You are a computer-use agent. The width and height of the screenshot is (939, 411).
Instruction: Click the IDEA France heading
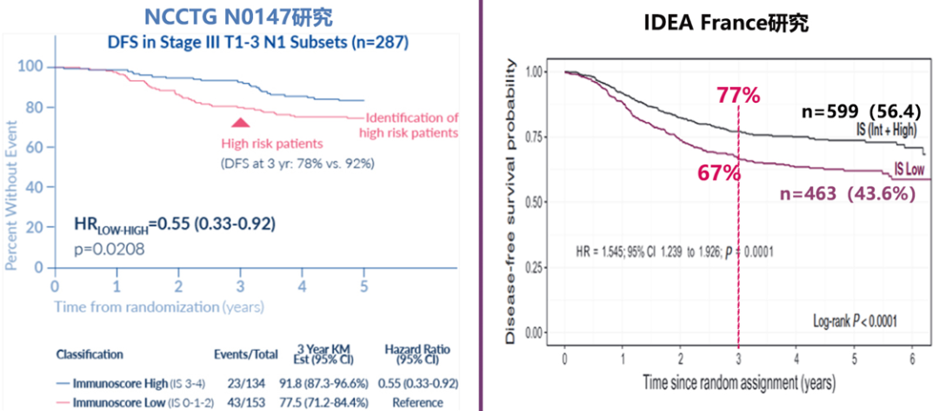coord(726,24)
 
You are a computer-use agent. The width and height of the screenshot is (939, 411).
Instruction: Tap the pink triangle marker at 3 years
coord(242,123)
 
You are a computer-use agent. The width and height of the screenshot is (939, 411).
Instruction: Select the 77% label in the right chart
coord(740,94)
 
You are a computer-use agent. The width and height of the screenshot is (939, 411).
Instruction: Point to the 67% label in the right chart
coord(719,172)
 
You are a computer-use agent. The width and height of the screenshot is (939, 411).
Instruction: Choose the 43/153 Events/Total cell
coord(246,402)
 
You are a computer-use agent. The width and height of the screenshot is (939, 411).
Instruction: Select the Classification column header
coord(90,354)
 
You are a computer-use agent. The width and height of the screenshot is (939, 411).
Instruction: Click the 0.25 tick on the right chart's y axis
coord(535,266)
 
